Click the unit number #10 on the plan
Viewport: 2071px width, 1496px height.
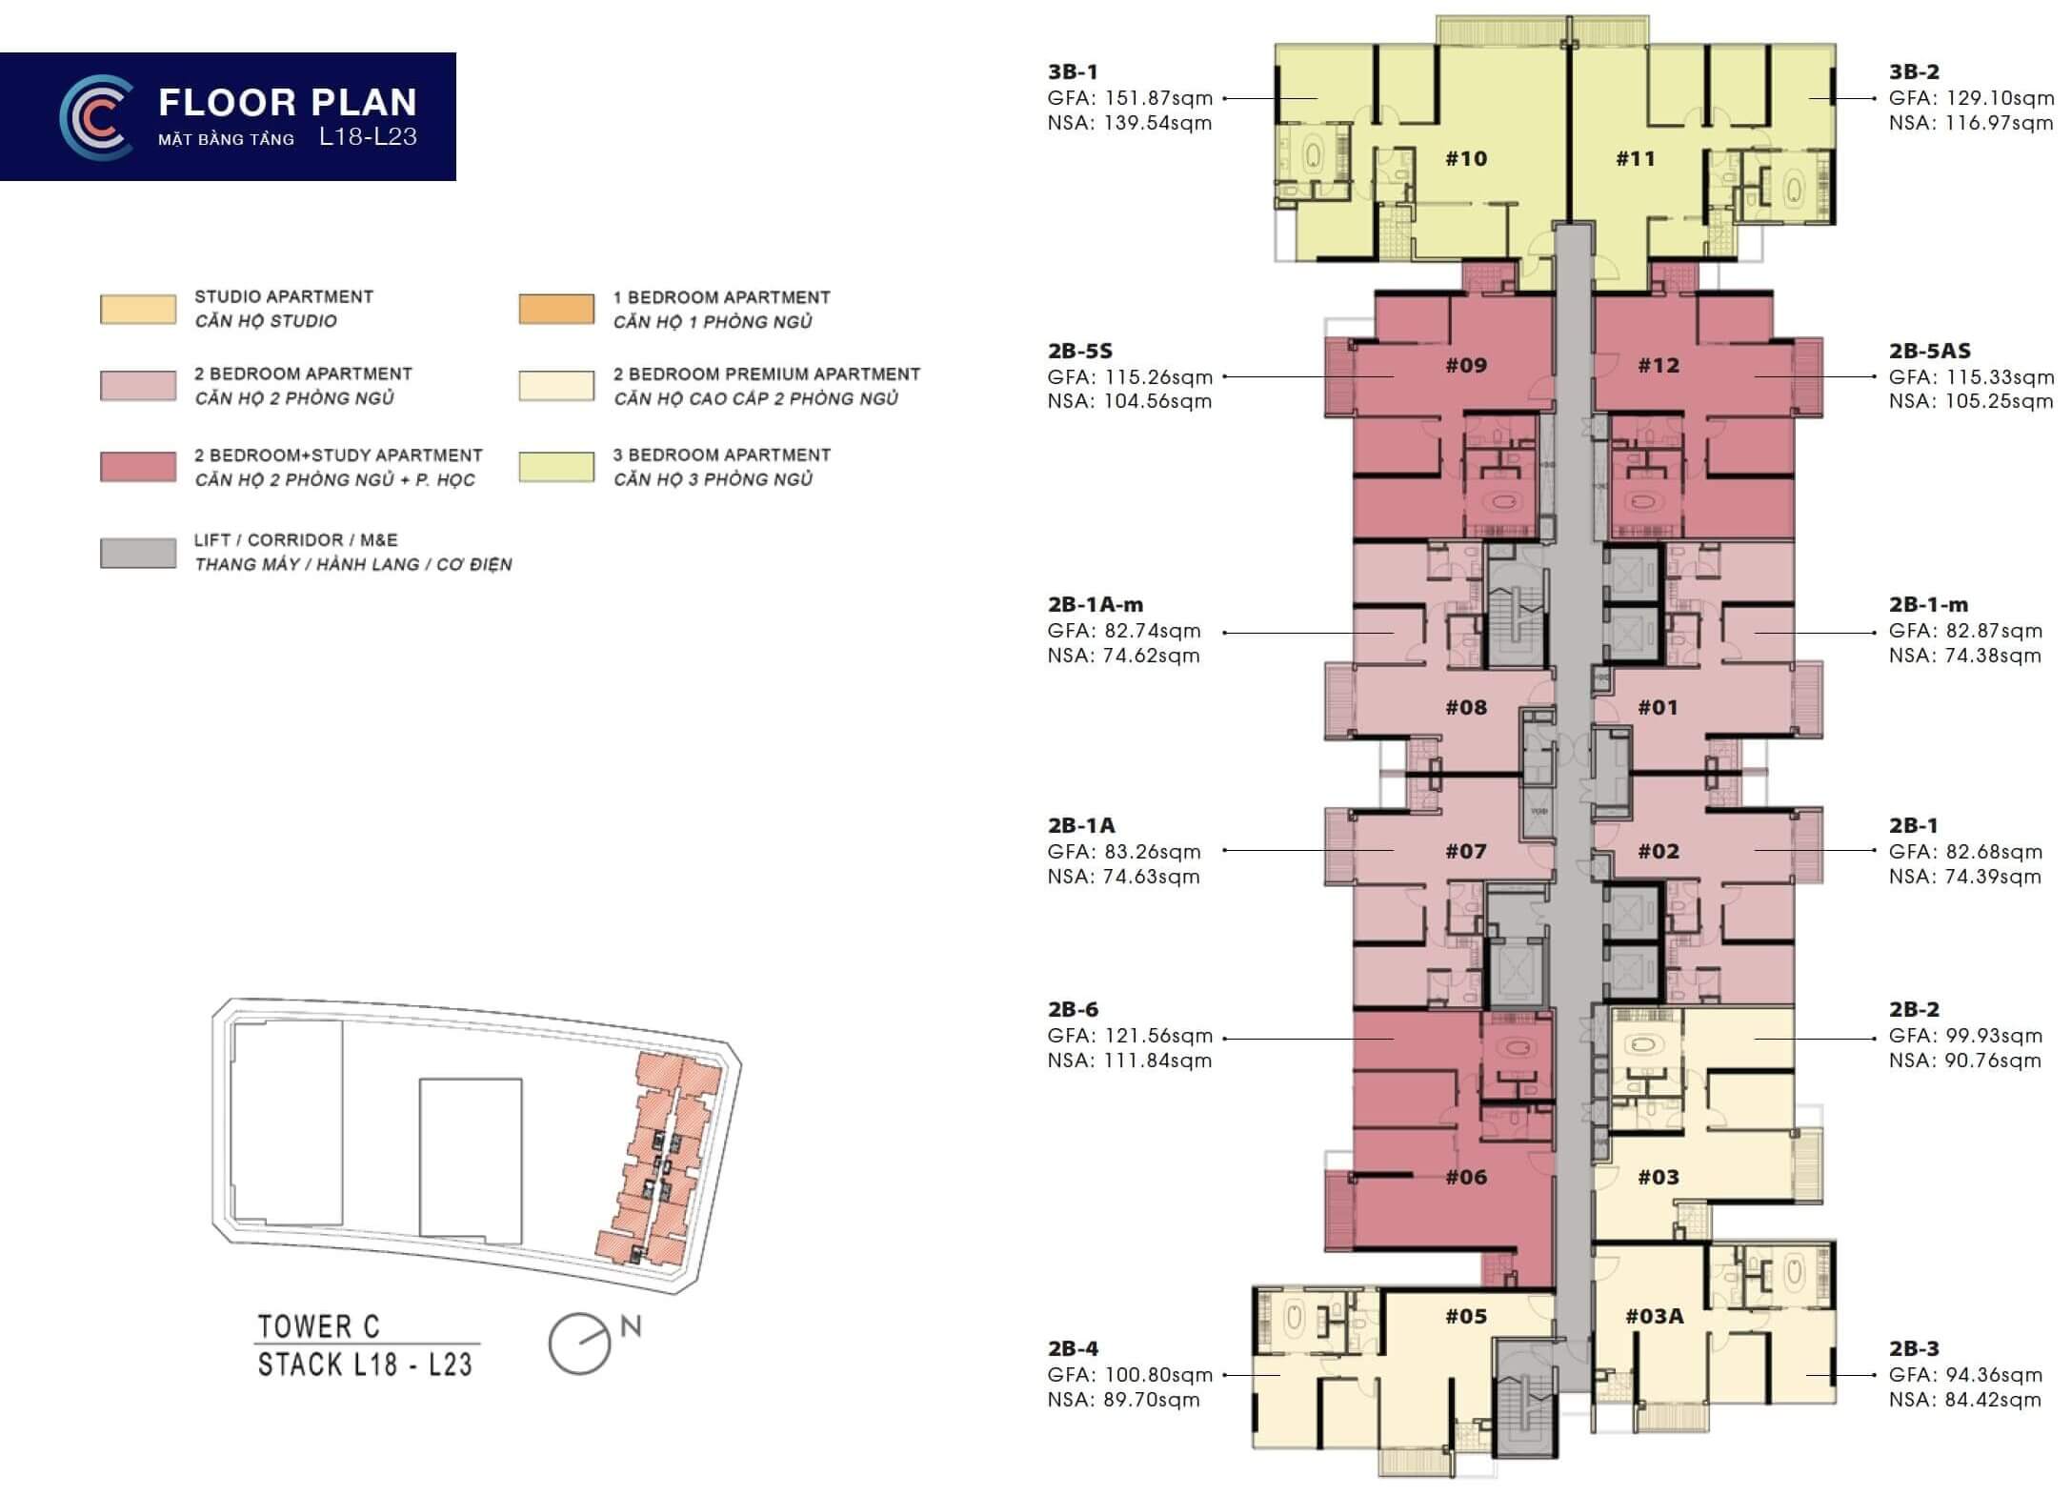click(x=1466, y=158)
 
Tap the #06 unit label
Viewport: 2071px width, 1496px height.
click(x=1466, y=1177)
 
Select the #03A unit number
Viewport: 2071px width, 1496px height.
click(x=1654, y=1316)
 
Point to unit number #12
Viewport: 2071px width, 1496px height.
click(x=1659, y=365)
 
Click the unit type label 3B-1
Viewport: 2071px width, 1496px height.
click(x=1074, y=71)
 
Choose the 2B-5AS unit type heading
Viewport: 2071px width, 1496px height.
click(x=1930, y=351)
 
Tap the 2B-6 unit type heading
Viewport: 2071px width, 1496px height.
click(x=1074, y=1009)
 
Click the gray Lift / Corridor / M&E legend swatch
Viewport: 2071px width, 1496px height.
click(x=138, y=554)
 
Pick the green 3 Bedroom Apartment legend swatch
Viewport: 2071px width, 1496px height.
click(x=556, y=467)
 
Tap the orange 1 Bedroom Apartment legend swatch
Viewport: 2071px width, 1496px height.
click(x=556, y=310)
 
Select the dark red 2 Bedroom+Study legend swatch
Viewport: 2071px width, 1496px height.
click(x=138, y=467)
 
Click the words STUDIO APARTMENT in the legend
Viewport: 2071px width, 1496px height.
click(x=284, y=296)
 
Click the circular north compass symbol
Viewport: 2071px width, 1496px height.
click(x=579, y=1344)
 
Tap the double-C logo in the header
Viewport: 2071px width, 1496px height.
click(x=96, y=116)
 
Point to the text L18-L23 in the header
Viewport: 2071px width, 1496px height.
click(x=369, y=137)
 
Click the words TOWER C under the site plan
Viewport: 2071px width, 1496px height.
click(x=319, y=1325)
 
